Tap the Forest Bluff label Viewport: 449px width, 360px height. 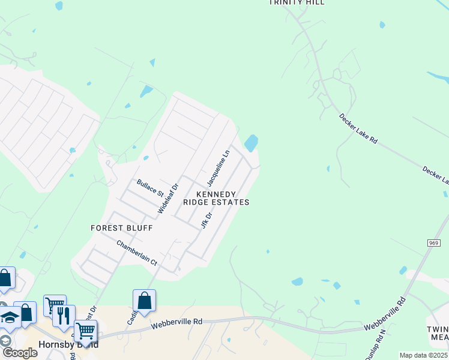click(x=122, y=228)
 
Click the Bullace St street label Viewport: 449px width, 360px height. click(x=150, y=188)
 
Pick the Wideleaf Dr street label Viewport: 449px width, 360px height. click(x=168, y=199)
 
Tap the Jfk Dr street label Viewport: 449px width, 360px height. click(x=206, y=220)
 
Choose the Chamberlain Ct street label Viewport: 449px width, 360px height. click(x=136, y=253)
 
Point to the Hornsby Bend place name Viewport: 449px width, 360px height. click(x=68, y=345)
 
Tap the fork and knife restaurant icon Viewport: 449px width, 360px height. click(x=64, y=315)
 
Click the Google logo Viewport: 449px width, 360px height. click(x=19, y=352)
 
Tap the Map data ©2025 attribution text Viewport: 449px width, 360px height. click(x=423, y=355)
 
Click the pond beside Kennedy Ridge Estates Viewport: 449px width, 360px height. click(x=251, y=143)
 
